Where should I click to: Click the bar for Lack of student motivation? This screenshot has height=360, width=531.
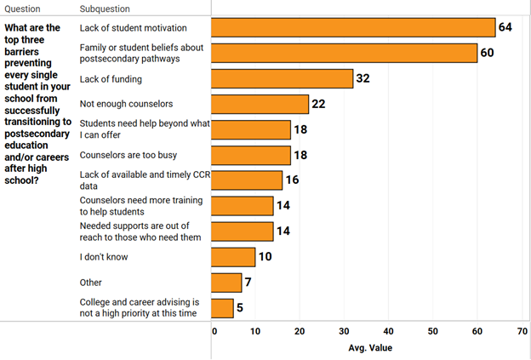pos(353,27)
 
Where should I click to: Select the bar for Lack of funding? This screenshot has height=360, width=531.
pos(282,79)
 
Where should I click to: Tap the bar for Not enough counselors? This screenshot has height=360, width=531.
pos(260,104)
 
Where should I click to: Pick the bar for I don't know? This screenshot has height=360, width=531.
pos(233,257)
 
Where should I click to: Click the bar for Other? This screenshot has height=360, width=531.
pos(226,283)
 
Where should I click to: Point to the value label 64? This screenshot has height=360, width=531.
pos(505,27)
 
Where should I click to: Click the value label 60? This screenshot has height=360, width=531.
pos(488,54)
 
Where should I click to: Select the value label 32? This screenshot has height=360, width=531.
pos(363,79)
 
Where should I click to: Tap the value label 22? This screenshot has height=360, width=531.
pos(319,104)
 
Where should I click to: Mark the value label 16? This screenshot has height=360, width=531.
pos(292,180)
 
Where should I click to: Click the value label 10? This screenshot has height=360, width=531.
pos(265,257)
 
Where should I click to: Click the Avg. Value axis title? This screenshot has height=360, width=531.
pos(370,347)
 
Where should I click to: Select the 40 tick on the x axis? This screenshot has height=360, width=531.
pos(389,331)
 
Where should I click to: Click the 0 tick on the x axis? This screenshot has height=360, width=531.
pos(214,331)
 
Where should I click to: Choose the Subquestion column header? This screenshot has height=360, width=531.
pos(105,9)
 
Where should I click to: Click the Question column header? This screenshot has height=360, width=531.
pos(22,9)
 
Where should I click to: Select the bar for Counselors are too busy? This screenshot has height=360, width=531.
pos(251,155)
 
